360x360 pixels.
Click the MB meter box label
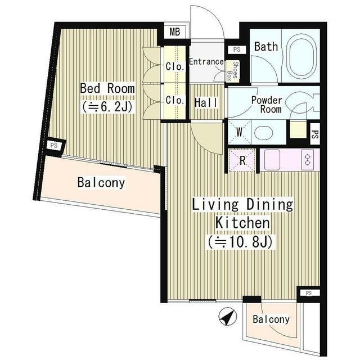click(x=175, y=31)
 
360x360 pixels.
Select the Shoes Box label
click(x=232, y=71)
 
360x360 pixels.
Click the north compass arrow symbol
click(x=228, y=317)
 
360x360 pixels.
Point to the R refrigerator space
click(x=242, y=160)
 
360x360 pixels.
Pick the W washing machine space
click(x=239, y=132)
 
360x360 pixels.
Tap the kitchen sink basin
click(x=272, y=160)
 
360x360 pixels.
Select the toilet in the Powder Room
click(x=303, y=103)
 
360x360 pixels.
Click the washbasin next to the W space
click(x=264, y=133)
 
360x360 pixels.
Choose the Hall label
click(x=206, y=102)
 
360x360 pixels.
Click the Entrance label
click(x=206, y=61)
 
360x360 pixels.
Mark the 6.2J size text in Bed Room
click(x=107, y=107)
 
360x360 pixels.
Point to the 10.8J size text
click(x=241, y=242)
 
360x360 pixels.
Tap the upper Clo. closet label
click(x=175, y=66)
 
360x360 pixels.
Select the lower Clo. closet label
click(x=175, y=100)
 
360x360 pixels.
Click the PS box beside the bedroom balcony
click(x=54, y=146)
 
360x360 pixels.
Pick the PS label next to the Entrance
click(x=237, y=49)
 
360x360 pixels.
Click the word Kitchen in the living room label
click(x=242, y=222)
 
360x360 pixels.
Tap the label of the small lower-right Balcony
click(x=271, y=319)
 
